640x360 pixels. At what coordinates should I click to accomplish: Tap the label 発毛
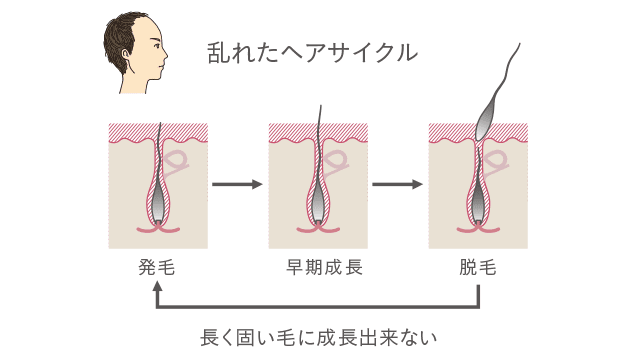point(158,268)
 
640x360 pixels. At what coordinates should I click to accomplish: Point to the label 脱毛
point(478,268)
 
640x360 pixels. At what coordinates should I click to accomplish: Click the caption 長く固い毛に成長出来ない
point(320,335)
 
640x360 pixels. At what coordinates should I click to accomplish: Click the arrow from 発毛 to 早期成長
point(238,185)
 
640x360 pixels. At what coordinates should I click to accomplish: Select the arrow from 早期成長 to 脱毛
point(398,185)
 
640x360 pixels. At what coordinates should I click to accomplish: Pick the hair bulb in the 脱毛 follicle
point(478,209)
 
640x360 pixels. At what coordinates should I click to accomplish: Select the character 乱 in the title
point(216,51)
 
